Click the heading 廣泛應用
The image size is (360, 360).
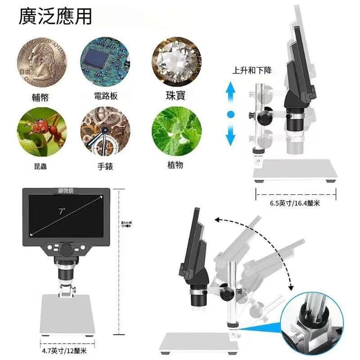click(x=55, y=17)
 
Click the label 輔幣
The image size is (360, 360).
click(x=40, y=97)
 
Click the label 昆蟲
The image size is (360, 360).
click(x=40, y=166)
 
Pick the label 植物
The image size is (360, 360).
click(x=174, y=165)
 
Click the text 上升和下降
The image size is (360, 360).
click(x=252, y=71)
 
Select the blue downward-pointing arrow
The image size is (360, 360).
click(x=231, y=134)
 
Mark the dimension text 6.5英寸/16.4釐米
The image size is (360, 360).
click(x=295, y=203)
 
